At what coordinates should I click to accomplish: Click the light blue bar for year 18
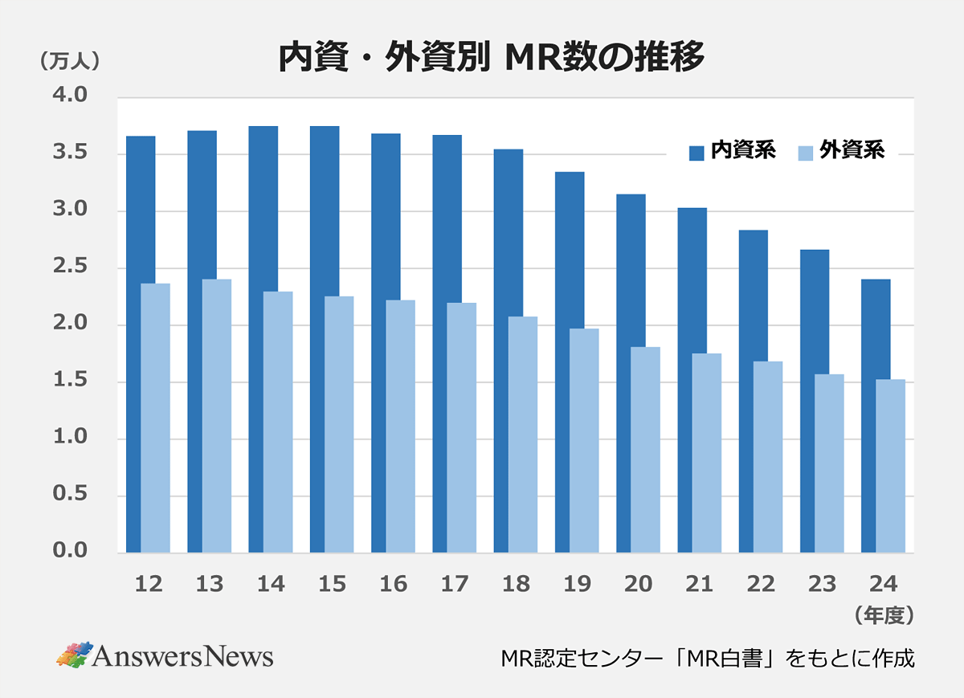[523, 435]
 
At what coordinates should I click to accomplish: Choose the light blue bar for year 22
[768, 457]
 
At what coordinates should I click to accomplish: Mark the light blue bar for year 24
[891, 466]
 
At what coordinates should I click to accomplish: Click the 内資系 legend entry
[732, 151]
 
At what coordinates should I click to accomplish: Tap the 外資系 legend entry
[841, 151]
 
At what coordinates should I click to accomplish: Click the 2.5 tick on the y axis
[70, 267]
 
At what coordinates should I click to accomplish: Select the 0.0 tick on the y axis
[70, 552]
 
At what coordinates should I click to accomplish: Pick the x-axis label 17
[455, 585]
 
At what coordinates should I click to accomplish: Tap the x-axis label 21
[700, 585]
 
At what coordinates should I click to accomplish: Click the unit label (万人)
[69, 61]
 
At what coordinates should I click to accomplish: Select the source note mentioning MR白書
[707, 659]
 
